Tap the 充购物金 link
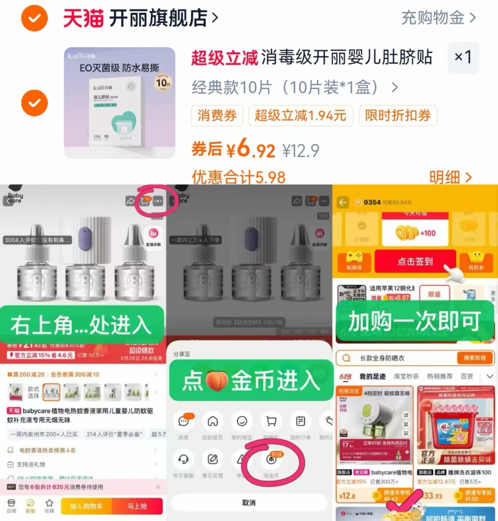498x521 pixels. (438, 18)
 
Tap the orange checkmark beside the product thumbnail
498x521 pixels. (35, 103)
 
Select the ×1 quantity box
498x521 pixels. (463, 58)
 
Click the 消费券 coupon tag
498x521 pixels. (217, 116)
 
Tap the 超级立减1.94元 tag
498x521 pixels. (300, 116)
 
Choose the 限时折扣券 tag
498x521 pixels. (398, 116)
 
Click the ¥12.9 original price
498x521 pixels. (301, 151)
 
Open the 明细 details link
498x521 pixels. (450, 177)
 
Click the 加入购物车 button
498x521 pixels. (86, 506)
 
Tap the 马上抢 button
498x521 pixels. (137, 506)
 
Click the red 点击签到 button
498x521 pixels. (415, 261)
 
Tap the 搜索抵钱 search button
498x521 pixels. (474, 358)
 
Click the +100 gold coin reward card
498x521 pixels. (415, 233)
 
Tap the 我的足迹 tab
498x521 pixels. (372, 376)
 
